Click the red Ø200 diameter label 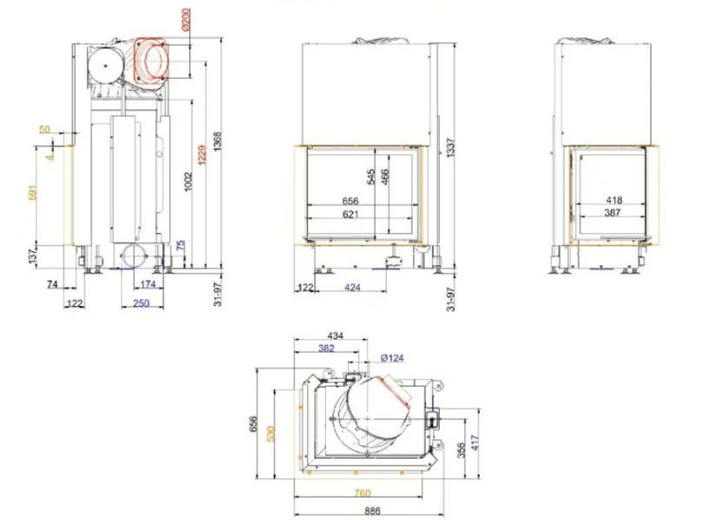pos(187,18)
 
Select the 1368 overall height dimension pos(218,141)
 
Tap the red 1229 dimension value pos(202,154)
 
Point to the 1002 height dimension pos(188,181)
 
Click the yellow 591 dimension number pos(32,192)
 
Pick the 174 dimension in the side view pos(147,284)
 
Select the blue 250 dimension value pos(141,303)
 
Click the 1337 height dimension pos(450,147)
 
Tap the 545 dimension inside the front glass pos(371,178)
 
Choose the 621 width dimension pos(350,214)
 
